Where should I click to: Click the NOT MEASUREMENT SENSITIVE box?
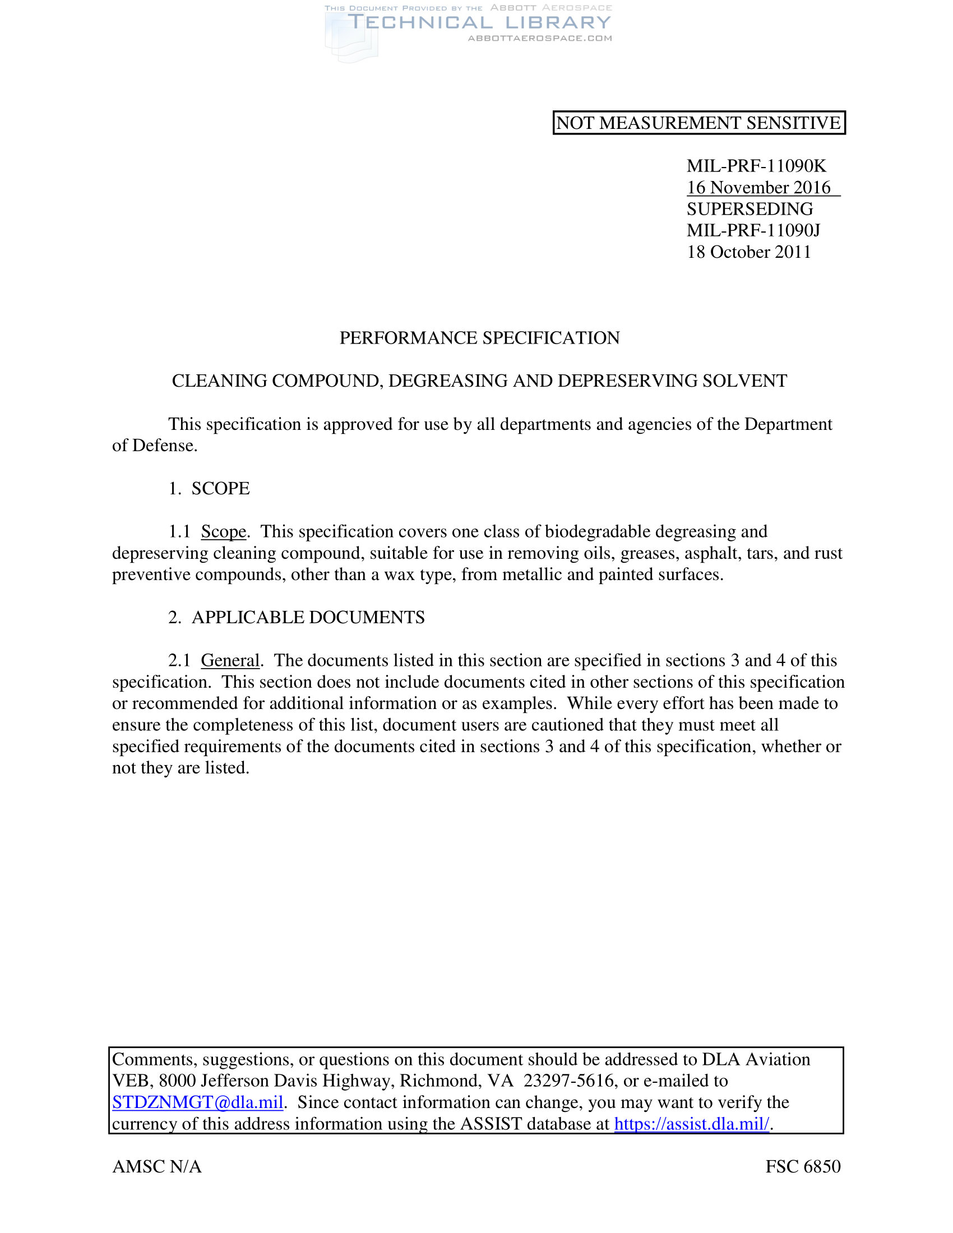(x=698, y=123)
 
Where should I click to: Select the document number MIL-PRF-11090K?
(x=756, y=166)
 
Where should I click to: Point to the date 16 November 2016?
(x=758, y=187)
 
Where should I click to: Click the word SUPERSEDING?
(x=750, y=209)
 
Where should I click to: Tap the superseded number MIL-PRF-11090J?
(x=753, y=230)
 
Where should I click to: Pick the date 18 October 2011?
(x=748, y=252)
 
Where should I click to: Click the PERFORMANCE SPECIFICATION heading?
(x=479, y=337)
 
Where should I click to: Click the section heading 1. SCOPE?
(x=209, y=488)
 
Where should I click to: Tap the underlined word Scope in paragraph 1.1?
(x=224, y=532)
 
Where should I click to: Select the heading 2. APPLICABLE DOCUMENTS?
(x=297, y=618)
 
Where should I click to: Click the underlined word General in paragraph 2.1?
(x=230, y=661)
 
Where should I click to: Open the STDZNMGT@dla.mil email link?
(x=197, y=1102)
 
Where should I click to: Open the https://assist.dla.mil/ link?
(x=692, y=1124)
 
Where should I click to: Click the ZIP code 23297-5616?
(x=568, y=1081)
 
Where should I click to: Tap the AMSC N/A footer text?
(x=157, y=1166)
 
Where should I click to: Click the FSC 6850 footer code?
(x=803, y=1166)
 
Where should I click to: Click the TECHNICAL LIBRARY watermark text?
(x=479, y=22)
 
